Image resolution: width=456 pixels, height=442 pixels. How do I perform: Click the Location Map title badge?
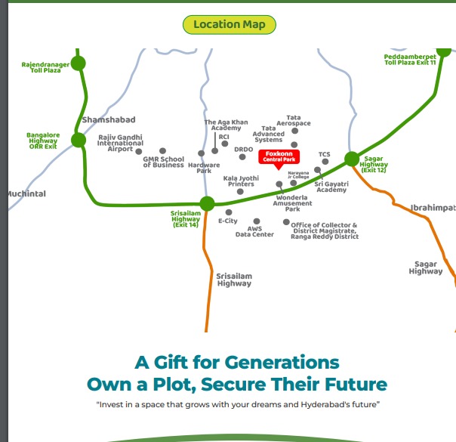click(x=230, y=24)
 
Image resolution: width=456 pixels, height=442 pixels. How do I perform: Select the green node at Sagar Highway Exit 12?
click(x=352, y=159)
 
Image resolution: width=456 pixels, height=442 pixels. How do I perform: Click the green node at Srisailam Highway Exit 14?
click(x=207, y=203)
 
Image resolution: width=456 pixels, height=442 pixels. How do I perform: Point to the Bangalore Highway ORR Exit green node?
click(x=79, y=140)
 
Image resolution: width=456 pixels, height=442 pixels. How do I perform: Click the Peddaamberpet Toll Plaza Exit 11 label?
click(x=410, y=60)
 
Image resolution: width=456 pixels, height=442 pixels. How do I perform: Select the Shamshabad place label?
click(x=109, y=120)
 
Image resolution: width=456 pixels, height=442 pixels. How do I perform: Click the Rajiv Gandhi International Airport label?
click(x=120, y=143)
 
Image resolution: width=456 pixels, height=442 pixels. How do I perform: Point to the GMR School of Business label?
click(x=163, y=162)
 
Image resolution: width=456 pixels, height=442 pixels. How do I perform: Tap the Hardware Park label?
click(x=204, y=168)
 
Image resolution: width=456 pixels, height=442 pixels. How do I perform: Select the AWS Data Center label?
click(x=254, y=231)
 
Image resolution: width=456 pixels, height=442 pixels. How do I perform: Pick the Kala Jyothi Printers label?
click(x=241, y=181)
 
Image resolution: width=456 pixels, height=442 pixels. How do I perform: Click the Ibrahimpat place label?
click(x=433, y=207)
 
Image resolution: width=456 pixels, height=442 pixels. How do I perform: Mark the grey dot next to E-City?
click(x=229, y=212)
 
